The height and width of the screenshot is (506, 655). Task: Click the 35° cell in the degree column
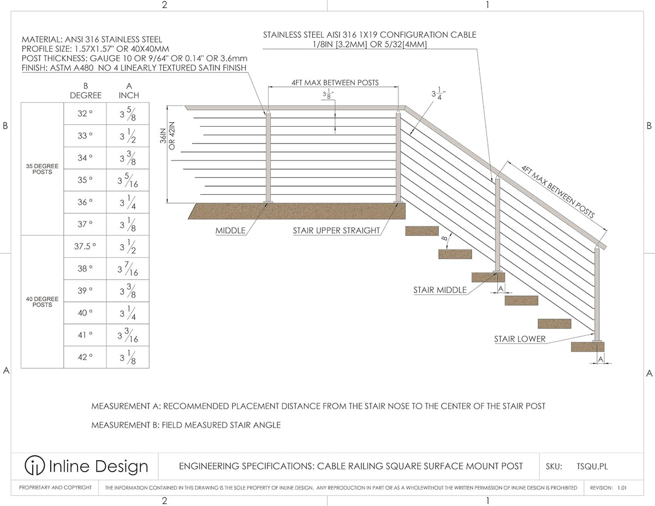(x=85, y=180)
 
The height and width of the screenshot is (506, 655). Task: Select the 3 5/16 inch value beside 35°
(x=128, y=180)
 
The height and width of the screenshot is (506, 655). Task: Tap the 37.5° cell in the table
(x=85, y=246)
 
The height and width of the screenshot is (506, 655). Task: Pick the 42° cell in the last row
(x=85, y=357)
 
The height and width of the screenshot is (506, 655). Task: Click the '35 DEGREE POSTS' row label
(x=42, y=169)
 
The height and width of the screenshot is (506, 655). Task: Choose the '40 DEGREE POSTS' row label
(x=42, y=302)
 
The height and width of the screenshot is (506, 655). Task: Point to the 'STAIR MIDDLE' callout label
(x=440, y=290)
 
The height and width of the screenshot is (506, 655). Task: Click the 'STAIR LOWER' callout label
(x=520, y=339)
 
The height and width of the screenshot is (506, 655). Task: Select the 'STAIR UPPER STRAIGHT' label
(x=336, y=230)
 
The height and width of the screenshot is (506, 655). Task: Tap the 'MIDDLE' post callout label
(x=230, y=230)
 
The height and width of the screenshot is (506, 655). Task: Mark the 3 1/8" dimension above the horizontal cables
(x=328, y=94)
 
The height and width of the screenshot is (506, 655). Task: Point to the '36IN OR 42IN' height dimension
(x=168, y=135)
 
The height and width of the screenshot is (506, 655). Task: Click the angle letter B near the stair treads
(x=444, y=239)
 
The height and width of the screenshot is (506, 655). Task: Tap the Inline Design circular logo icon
(x=35, y=465)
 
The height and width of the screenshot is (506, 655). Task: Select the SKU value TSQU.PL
(x=592, y=466)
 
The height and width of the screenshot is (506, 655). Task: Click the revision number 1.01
(x=622, y=487)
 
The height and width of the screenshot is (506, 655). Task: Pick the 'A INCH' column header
(x=129, y=91)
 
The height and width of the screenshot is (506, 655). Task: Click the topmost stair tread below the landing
(x=422, y=230)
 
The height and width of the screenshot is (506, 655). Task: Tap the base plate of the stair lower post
(x=597, y=341)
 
